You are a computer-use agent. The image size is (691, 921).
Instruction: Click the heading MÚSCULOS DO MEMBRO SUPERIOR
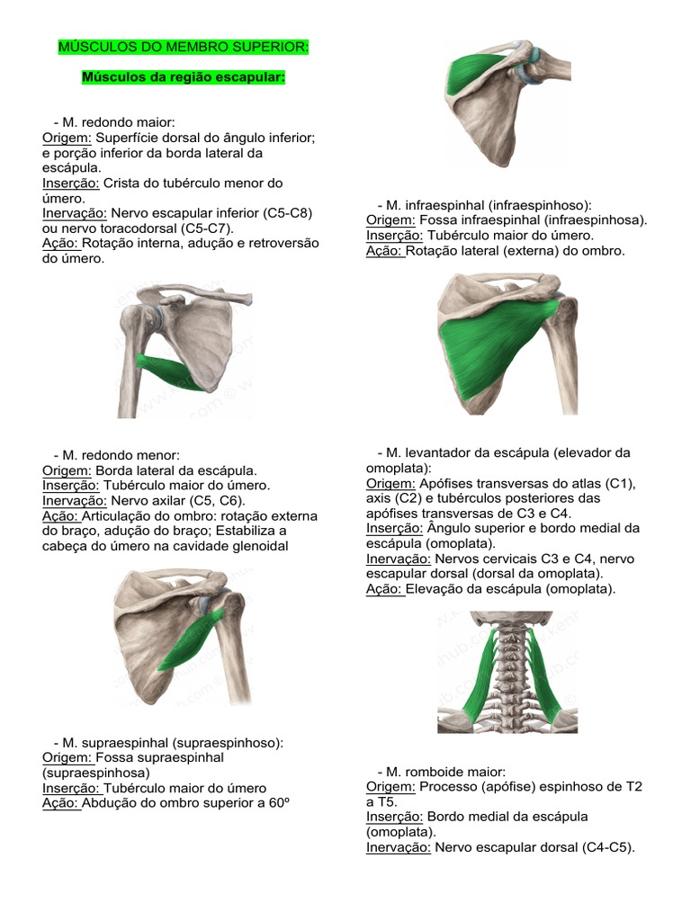183,46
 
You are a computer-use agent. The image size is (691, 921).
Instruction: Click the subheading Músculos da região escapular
183,77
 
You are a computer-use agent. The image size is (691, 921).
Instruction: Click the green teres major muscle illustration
171,368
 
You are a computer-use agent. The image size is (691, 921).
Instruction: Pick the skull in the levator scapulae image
508,619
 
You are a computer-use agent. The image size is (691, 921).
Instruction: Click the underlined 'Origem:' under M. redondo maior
67,138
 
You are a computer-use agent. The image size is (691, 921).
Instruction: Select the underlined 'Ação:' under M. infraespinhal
385,251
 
